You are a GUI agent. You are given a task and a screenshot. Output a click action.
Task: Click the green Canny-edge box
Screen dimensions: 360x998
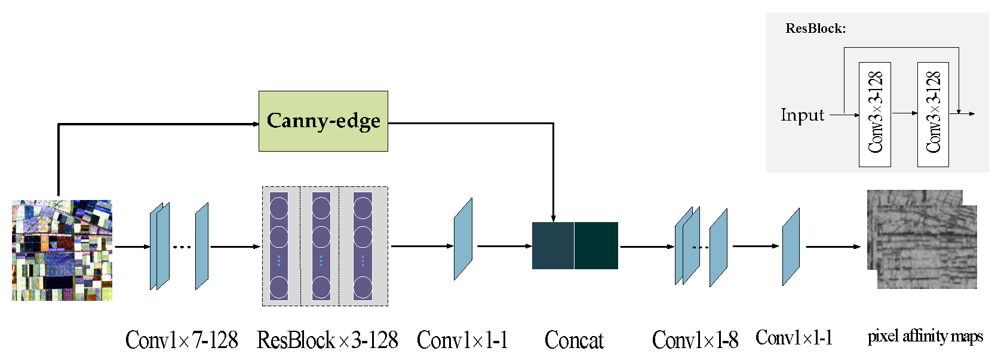coord(323,121)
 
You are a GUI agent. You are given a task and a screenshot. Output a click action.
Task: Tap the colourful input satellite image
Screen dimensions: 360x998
coord(62,250)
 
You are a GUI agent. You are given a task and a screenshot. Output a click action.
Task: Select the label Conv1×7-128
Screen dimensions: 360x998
coord(182,340)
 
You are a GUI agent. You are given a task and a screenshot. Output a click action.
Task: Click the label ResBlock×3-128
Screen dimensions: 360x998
coord(327,340)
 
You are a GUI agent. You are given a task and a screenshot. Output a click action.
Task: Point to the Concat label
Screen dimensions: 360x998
coord(574,340)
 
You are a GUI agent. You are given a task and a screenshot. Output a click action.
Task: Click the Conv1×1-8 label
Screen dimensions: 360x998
coord(695,340)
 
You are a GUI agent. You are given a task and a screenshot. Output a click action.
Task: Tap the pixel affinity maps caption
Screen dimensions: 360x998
coord(925,337)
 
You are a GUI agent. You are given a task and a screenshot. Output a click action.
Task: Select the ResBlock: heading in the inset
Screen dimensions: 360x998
coord(815,29)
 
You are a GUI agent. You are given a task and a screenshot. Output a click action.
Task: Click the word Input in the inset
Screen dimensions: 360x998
coord(802,115)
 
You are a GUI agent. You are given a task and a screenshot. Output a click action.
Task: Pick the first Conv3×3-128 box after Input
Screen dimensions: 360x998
coord(874,114)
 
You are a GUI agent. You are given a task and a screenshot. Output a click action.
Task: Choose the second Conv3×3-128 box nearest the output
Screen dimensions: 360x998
coord(933,114)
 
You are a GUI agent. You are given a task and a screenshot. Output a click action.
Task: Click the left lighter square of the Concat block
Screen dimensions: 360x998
coord(552,245)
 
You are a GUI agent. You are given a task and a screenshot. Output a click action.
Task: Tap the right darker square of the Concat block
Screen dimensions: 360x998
coord(596,245)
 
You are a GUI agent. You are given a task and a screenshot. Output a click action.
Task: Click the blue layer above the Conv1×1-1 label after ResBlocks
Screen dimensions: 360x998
coord(463,239)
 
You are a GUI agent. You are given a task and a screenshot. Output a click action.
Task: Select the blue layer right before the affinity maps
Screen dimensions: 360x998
coord(791,247)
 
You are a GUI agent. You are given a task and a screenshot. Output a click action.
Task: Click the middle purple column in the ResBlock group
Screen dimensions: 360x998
coord(321,246)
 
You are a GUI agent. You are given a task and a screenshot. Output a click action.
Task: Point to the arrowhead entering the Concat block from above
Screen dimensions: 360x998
coord(554,219)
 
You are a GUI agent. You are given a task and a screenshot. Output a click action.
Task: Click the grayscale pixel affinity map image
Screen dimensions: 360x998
coord(923,240)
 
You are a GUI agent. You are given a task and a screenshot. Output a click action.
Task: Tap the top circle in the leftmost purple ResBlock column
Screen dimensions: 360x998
coord(279,208)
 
